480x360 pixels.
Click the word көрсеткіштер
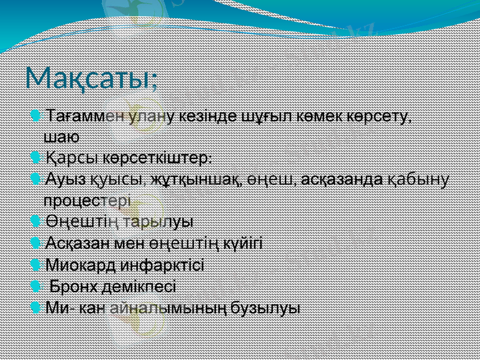coord(157,158)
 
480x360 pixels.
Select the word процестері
coord(90,200)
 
